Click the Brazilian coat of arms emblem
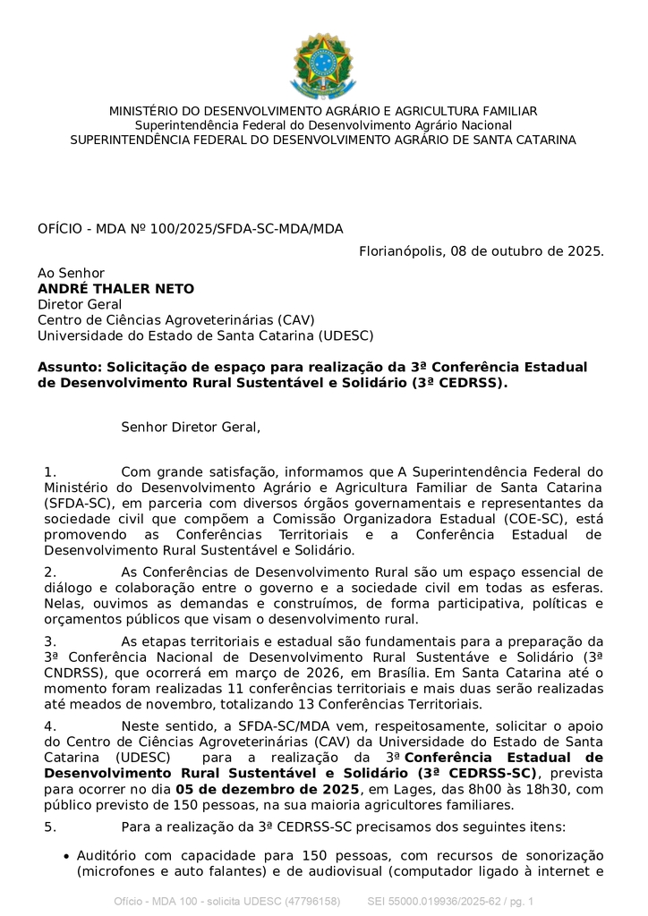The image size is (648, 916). [323, 64]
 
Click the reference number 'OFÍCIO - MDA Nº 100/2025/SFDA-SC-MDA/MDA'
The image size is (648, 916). [190, 229]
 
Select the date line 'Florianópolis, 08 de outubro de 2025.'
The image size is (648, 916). [482, 251]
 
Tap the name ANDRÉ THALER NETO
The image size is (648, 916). [115, 289]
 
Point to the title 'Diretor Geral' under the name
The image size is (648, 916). [80, 304]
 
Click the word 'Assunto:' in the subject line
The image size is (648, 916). [70, 368]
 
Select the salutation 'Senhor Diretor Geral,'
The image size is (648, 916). [191, 428]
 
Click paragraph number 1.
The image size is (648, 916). [50, 471]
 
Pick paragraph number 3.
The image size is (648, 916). [50, 641]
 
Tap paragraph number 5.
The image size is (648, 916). [50, 827]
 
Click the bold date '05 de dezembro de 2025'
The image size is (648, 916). [268, 789]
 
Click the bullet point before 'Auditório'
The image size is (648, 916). [66, 856]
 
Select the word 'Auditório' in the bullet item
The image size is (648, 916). [109, 856]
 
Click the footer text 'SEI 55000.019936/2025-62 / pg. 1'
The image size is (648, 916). [450, 901]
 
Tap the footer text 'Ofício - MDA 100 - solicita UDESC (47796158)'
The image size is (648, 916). [226, 901]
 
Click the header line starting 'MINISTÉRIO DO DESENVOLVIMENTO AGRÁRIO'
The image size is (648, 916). [323, 111]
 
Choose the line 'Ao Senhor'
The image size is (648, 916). [71, 273]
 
